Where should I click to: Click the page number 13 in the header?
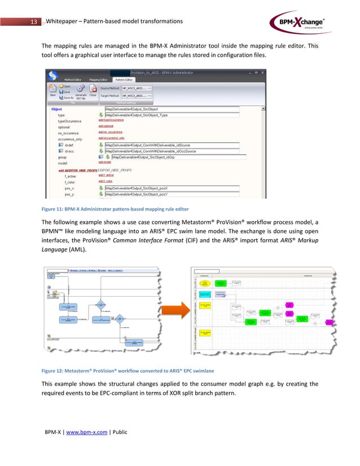[x=33, y=21]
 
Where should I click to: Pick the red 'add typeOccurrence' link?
[x=111, y=121]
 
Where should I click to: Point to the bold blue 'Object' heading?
[x=56, y=109]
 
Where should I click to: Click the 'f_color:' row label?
[x=71, y=181]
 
